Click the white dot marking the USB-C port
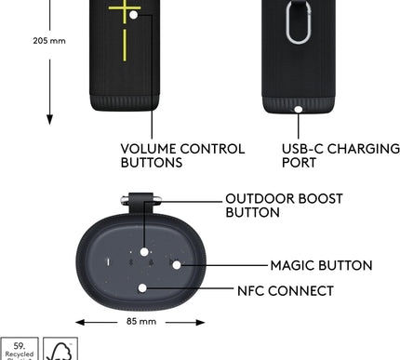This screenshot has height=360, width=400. [298, 109]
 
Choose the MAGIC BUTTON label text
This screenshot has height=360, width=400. [321, 266]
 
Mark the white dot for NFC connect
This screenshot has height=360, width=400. [142, 288]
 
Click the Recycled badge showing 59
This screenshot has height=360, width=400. [19, 350]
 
